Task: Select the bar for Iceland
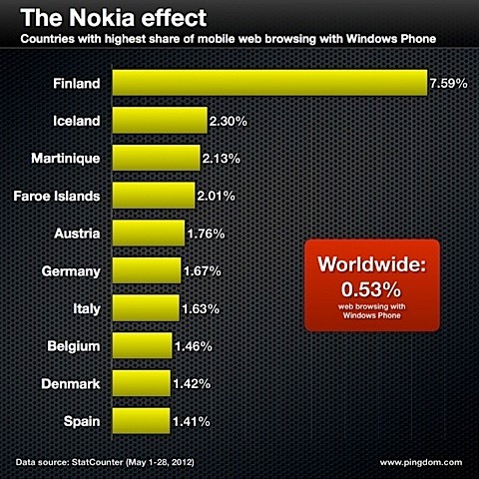[x=159, y=120]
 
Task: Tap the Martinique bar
[x=155, y=158]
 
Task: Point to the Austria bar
[x=148, y=234]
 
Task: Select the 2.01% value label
[x=217, y=196]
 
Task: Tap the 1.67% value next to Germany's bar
[x=203, y=271]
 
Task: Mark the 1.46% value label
[x=197, y=347]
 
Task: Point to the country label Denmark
[x=71, y=384]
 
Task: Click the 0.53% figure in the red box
[x=370, y=290]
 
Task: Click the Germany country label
[x=70, y=271]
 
